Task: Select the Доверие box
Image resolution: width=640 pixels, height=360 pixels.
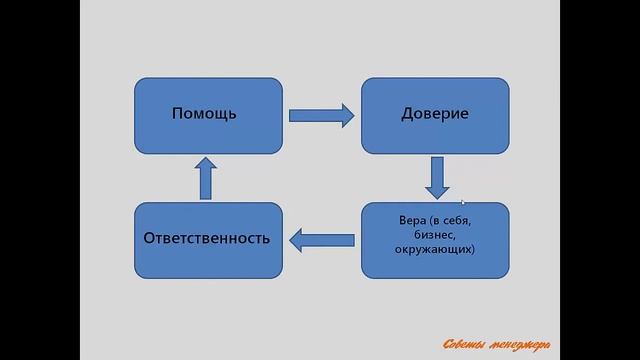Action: tap(434, 115)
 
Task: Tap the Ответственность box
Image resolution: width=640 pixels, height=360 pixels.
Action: tap(208, 240)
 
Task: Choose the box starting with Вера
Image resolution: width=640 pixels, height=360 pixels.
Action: tap(434, 240)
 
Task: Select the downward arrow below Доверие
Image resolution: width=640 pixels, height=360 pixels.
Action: tap(435, 177)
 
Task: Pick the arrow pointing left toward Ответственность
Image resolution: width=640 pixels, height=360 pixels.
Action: tap(321, 239)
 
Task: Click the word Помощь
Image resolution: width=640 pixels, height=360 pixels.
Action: tap(204, 114)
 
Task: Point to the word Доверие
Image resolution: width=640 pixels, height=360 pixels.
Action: tap(435, 114)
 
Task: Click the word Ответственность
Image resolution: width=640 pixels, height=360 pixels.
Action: tap(208, 240)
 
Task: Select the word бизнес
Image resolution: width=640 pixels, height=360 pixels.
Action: tap(434, 233)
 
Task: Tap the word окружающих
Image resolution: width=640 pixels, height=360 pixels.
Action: tap(435, 247)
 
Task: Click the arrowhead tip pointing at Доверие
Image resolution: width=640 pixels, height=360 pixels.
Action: tap(353, 115)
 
